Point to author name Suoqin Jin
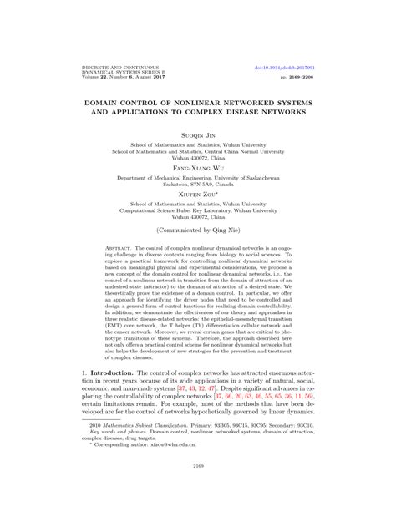coord(198,132)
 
